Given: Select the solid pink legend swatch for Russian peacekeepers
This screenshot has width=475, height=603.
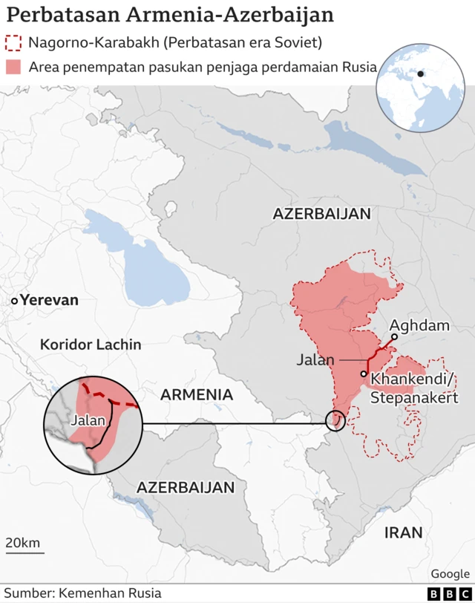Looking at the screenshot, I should point(13,67).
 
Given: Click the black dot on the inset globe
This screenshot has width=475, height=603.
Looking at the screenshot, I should point(420,74).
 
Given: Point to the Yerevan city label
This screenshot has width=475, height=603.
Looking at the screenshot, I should point(49,301).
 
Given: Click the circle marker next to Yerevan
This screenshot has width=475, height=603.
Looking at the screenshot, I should point(14,301).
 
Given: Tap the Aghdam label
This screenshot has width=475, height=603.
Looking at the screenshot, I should point(419,325).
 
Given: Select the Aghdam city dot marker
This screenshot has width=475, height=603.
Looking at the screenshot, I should point(395,336).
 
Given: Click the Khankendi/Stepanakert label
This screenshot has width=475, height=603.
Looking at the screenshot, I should point(414,388).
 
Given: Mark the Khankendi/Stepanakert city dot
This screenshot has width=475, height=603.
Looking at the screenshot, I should point(364,374).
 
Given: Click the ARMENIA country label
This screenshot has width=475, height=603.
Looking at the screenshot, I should point(197,394).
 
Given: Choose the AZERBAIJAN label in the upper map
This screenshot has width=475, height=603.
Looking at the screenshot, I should point(321,214).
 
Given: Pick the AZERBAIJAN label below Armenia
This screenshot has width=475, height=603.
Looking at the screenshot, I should point(186,488).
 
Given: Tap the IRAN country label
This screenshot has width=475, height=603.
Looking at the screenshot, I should point(404,532).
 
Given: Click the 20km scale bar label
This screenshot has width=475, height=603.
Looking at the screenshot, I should point(23,543).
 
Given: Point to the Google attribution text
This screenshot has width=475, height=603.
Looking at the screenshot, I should point(450,573).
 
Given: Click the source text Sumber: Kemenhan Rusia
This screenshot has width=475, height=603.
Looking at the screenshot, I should point(82,593).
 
